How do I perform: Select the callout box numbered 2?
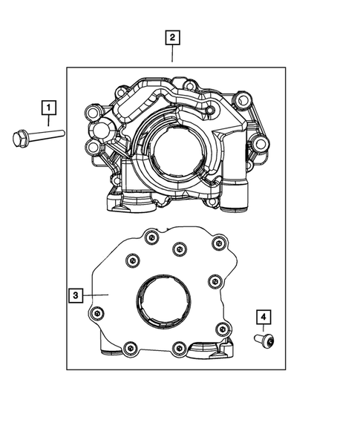pos(172,36)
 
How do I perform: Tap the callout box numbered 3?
pos(75,296)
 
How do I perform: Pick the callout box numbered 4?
pos(264,318)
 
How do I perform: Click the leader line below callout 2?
pos(172,55)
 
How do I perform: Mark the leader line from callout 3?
pos(96,296)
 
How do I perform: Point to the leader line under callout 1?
pos(48,122)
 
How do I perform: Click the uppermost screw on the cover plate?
pos(151,237)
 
